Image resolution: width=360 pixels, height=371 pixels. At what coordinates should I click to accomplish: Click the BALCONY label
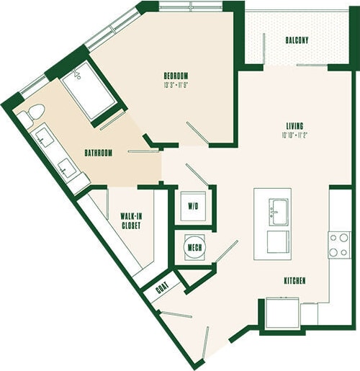click(297, 40)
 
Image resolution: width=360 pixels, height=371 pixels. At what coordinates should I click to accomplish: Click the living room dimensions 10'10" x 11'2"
click(294, 135)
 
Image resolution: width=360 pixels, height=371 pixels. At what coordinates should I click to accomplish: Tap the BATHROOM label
click(98, 153)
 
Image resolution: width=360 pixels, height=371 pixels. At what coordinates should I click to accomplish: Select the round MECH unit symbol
click(194, 248)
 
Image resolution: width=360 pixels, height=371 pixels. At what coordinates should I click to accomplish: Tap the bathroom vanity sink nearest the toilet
click(45, 138)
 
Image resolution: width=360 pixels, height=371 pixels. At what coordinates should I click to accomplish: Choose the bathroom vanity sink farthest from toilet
click(68, 169)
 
